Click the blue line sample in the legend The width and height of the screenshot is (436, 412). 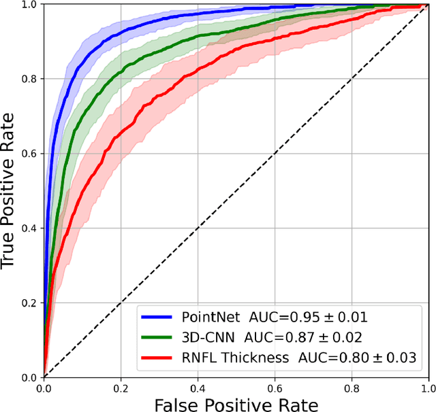tap(158, 317)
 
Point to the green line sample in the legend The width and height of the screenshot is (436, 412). tap(158, 337)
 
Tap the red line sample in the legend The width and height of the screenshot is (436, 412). tap(158, 357)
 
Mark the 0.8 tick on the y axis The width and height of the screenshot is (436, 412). tap(29, 79)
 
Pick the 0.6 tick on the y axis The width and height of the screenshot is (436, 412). tap(29, 153)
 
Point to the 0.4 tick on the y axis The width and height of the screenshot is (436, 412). tap(29, 228)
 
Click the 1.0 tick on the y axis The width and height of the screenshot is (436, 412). tap(29, 5)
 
